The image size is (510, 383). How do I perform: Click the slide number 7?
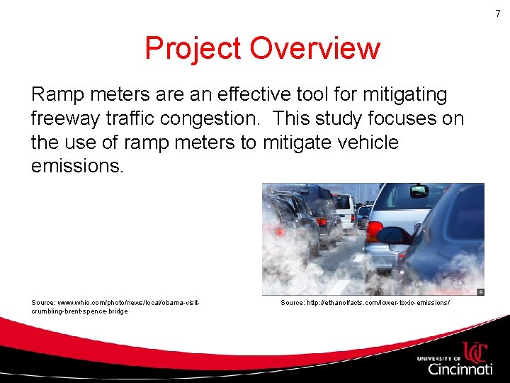tap(497, 13)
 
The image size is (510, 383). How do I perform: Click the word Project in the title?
tap(193, 48)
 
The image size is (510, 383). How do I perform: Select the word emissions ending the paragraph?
tap(77, 167)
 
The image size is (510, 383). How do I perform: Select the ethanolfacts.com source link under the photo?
tap(365, 303)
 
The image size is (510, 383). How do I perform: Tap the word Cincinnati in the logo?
tap(460, 369)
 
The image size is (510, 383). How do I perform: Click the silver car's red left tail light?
tap(373, 231)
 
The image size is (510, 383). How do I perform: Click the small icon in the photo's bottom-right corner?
tap(480, 291)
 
